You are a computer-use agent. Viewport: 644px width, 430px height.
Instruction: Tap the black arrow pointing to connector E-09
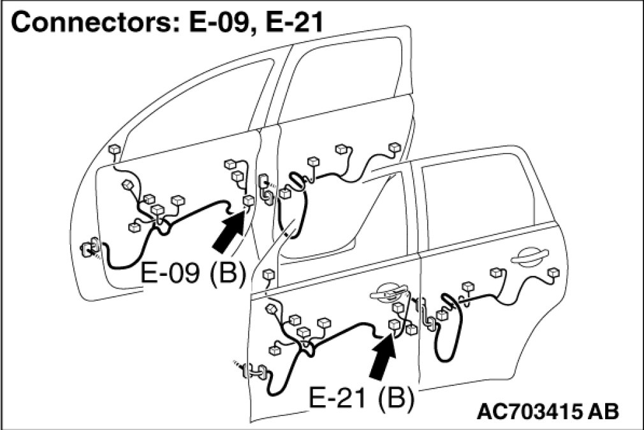[x=228, y=233]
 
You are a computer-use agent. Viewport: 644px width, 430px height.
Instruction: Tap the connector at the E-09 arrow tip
[x=248, y=201]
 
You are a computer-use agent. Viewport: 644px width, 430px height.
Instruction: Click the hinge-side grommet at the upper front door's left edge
[x=87, y=247]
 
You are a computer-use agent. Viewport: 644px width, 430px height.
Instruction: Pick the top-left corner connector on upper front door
[x=114, y=150]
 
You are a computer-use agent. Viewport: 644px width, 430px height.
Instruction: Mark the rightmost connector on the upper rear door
[x=395, y=147]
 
